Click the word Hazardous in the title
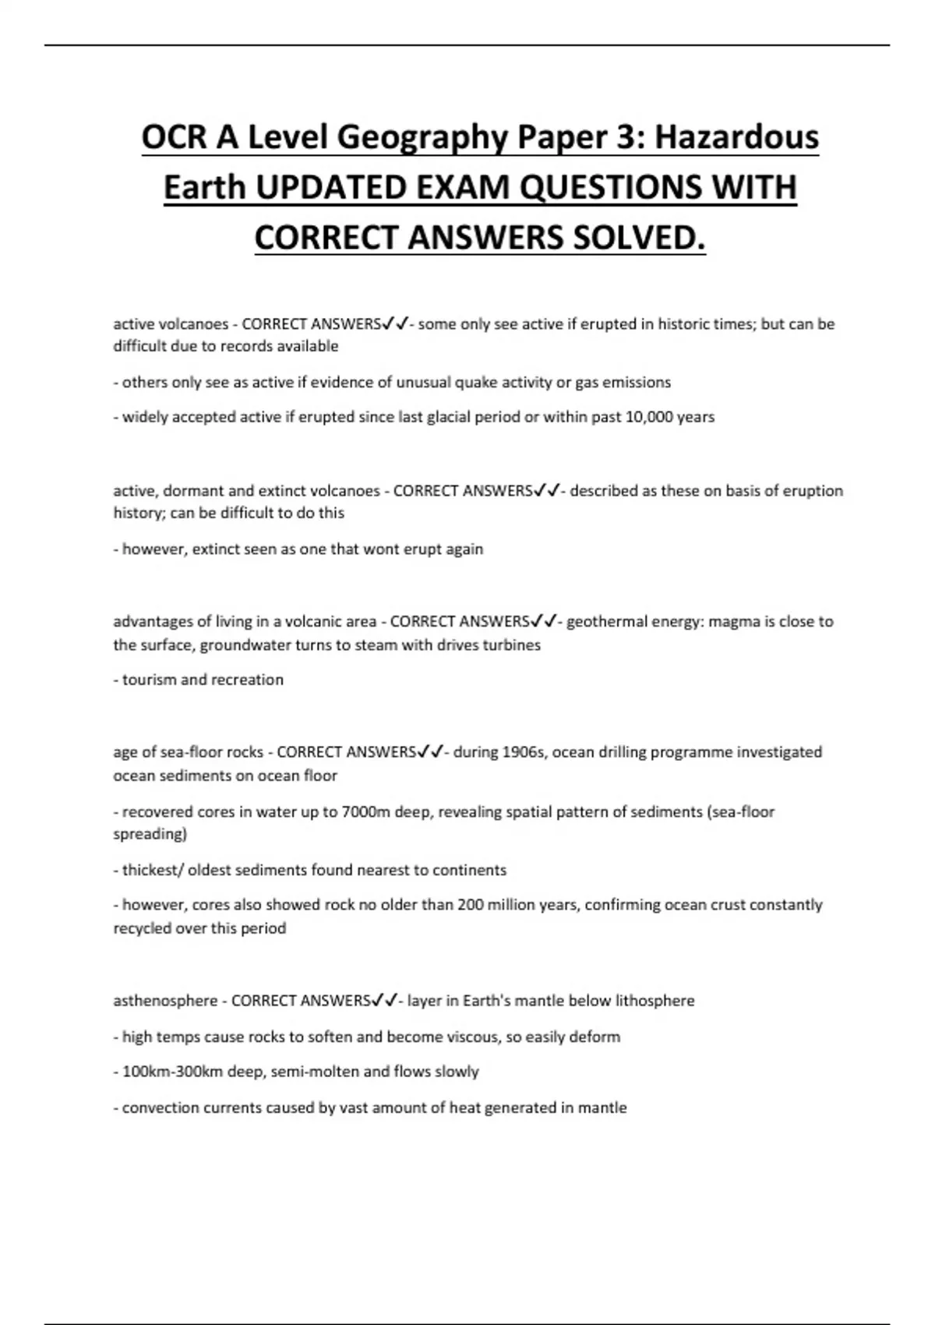point(736,137)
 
